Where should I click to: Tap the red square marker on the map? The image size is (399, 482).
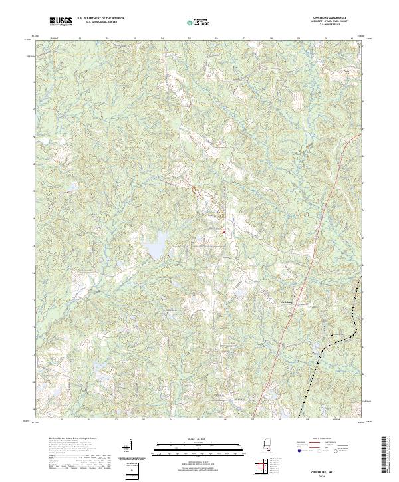[x=223, y=231]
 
